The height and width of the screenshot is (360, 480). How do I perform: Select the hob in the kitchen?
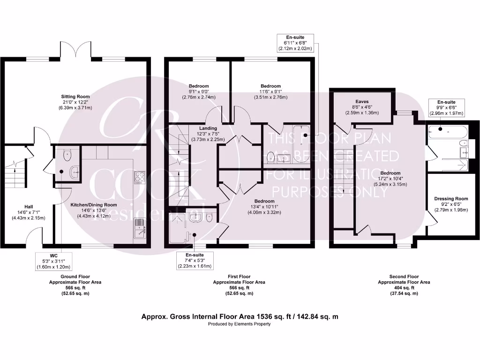140,177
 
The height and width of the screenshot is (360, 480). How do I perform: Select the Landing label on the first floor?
208,134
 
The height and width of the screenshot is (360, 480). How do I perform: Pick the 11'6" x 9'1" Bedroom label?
270,91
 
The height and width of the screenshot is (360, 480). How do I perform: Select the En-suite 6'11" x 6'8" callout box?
295,42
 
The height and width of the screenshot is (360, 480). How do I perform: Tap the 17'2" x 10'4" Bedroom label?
390,179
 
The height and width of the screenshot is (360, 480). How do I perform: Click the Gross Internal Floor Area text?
240,317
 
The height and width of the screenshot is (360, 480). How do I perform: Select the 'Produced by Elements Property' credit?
240,324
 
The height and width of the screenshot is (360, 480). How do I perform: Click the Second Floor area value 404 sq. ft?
404,288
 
